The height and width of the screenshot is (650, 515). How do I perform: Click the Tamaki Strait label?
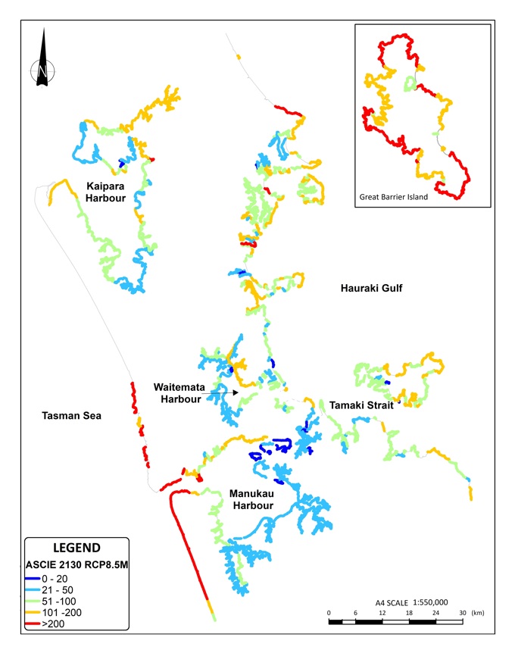(x=360, y=405)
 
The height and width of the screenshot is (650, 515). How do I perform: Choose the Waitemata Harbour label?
(x=177, y=392)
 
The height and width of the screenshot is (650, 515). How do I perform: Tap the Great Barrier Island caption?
(x=393, y=197)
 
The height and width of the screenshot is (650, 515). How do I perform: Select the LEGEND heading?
(x=76, y=547)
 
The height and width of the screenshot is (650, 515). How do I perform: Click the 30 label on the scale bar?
(x=462, y=612)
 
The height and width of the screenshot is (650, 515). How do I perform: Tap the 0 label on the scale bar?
(x=329, y=612)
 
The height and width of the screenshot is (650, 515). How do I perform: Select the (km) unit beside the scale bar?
(x=479, y=612)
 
